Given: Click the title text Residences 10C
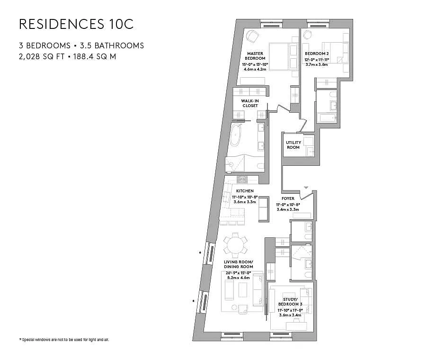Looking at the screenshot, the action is click(76, 24).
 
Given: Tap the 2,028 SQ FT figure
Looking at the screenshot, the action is click(42, 56).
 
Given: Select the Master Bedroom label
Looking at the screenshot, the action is click(255, 56).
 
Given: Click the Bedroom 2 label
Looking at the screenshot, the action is click(317, 54).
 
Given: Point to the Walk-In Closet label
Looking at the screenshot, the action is click(250, 103).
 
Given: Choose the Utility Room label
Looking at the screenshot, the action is click(293, 144).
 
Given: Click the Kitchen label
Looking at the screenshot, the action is click(245, 191).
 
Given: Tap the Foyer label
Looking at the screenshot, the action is click(288, 198).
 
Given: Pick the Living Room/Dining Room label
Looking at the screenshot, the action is click(238, 264).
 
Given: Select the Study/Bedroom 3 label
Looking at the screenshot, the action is click(290, 302).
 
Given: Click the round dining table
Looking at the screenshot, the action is click(236, 243).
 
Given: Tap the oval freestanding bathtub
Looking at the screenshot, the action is click(236, 135).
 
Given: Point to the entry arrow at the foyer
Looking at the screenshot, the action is click(306, 187).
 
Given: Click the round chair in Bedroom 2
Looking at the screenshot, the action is click(307, 35).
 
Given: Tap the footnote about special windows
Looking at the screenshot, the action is click(64, 340).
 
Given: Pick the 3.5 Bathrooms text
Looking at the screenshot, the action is click(112, 45).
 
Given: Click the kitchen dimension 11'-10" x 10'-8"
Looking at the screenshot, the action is click(245, 197).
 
